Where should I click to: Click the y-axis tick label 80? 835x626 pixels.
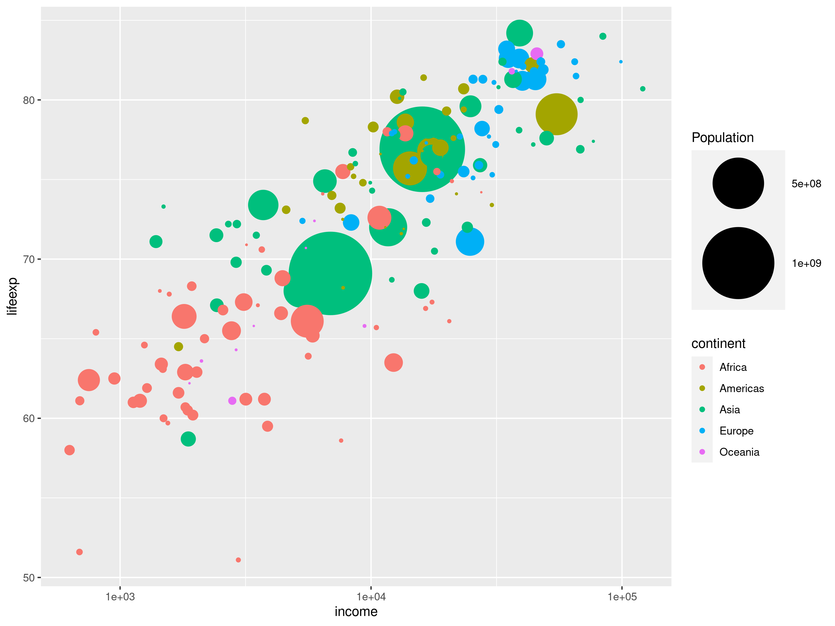(29, 100)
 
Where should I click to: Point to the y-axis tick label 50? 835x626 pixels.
(29, 578)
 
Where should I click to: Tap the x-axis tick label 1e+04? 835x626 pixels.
(371, 597)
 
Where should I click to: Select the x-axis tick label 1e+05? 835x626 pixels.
(622, 597)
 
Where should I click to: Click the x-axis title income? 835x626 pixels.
(356, 612)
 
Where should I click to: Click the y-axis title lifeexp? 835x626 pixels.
(12, 296)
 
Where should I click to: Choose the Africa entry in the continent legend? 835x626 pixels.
(733, 367)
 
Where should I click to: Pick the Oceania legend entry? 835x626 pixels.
(739, 452)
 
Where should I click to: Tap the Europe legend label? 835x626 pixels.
(736, 431)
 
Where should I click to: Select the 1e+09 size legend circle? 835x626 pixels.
(738, 263)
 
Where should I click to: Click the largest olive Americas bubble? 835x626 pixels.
(556, 114)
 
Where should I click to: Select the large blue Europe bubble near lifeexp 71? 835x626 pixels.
(470, 242)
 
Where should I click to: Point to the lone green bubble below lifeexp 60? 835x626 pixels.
(188, 439)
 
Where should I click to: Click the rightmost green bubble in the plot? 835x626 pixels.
(643, 89)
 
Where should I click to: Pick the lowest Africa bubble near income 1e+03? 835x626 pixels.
(79, 552)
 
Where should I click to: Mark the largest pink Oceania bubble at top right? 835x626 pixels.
(537, 54)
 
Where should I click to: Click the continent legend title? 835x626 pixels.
(718, 344)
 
